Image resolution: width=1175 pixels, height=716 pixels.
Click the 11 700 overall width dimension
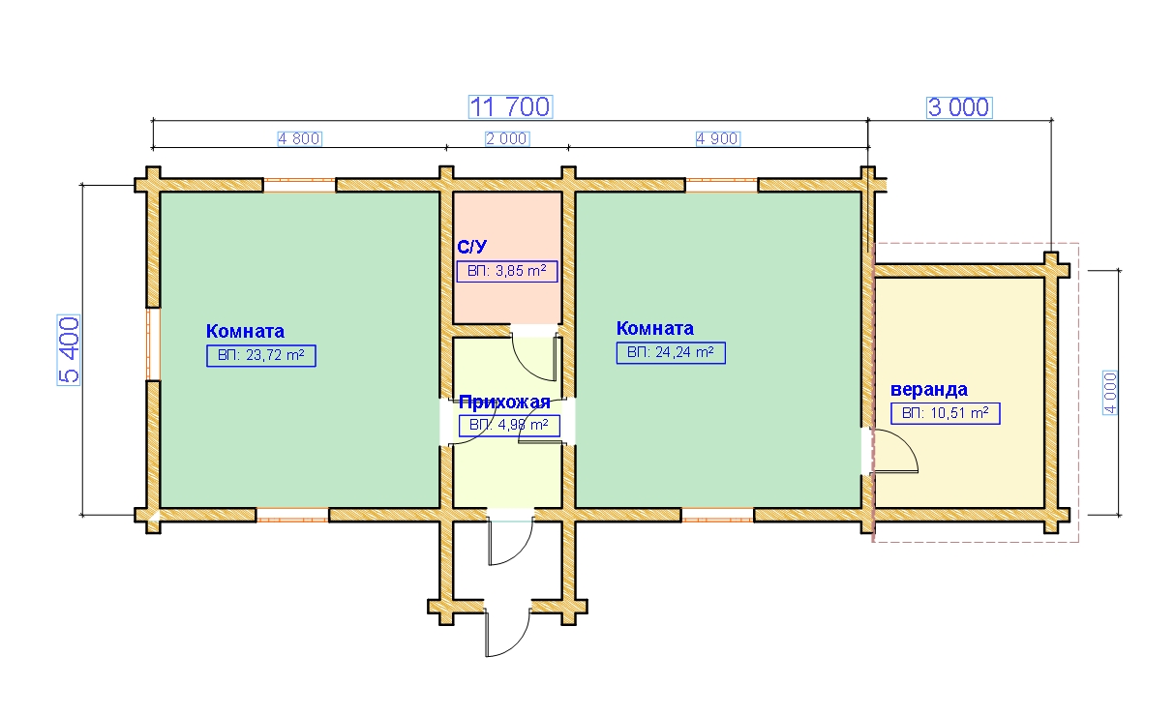pos(510,107)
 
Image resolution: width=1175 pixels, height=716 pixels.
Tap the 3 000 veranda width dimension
pos(959,107)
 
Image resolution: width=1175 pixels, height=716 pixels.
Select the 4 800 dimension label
pos(299,138)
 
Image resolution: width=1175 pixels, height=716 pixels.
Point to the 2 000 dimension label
pos(507,138)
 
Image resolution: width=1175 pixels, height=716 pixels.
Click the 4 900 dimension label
pos(717,138)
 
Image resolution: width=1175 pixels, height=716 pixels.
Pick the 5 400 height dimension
pos(69,350)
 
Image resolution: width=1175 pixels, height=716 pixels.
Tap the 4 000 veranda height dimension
pos(1110,393)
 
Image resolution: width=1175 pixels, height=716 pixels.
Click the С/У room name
pos(472,247)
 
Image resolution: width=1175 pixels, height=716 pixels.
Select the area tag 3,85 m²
pos(507,271)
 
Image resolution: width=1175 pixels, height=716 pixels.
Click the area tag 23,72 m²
pos(261,356)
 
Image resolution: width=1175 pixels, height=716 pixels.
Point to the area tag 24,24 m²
pos(671,352)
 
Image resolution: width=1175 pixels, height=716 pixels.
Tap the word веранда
pos(929,390)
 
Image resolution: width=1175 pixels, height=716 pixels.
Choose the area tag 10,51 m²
pos(946,413)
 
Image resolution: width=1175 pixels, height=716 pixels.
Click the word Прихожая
pos(504,403)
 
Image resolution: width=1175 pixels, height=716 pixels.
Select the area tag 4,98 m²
pos(509,425)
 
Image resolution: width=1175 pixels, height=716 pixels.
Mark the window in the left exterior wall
pos(153,344)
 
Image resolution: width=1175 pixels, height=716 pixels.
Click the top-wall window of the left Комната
pos(299,185)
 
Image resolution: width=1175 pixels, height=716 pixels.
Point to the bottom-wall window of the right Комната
pos(717,515)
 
